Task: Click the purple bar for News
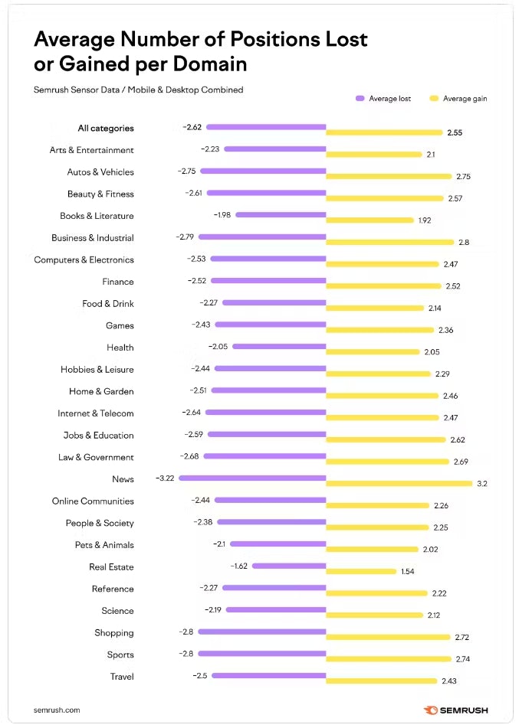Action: [x=253, y=478]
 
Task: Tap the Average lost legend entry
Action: [x=383, y=99]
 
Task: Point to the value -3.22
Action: [x=165, y=478]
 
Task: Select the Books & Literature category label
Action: [x=97, y=216]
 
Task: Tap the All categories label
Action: [x=106, y=129]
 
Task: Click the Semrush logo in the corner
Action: [x=455, y=710]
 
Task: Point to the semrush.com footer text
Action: [x=57, y=710]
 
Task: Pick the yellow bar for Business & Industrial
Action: [x=390, y=242]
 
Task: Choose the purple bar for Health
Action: [x=279, y=347]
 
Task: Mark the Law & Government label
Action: [x=96, y=457]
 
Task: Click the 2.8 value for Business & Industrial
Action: [x=464, y=242]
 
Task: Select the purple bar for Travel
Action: [x=269, y=676]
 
